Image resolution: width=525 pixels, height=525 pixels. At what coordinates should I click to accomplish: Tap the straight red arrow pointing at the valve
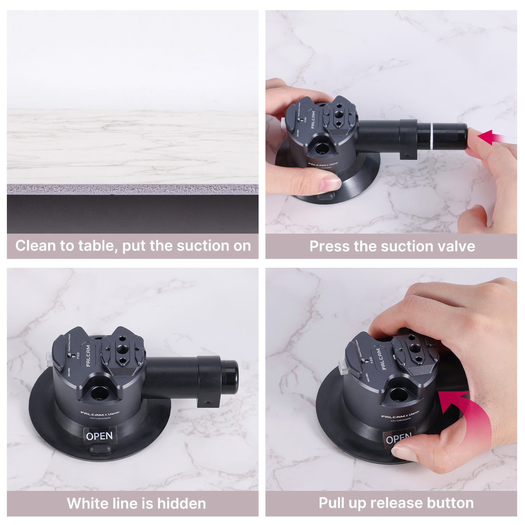coord(490,137)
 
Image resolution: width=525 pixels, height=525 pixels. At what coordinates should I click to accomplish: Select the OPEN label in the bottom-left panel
coord(99,436)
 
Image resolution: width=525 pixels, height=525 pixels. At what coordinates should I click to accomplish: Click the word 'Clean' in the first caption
coord(35,246)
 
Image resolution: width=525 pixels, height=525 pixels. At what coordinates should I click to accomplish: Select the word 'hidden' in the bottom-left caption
coord(181,504)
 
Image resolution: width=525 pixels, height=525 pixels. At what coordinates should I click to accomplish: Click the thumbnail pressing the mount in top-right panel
coord(330,180)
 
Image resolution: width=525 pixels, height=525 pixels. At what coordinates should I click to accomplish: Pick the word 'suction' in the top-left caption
coord(203,246)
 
